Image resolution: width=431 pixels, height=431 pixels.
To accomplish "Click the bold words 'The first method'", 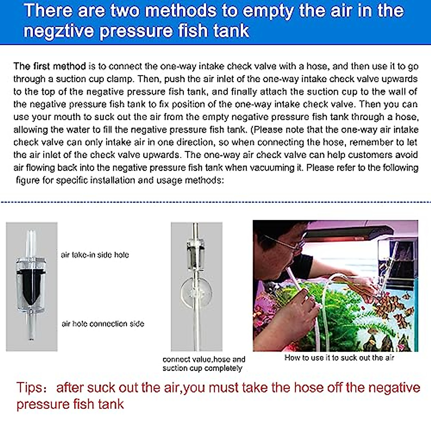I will click(x=50, y=66).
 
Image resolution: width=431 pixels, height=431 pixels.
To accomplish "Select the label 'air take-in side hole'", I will click(x=95, y=255).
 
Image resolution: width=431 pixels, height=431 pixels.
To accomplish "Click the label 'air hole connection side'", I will click(x=103, y=324).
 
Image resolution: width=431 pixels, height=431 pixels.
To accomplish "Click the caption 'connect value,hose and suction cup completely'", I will click(x=204, y=364).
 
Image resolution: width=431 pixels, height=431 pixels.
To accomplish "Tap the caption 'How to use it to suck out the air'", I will click(x=339, y=358).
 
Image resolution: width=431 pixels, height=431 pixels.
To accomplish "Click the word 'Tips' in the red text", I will click(x=29, y=388).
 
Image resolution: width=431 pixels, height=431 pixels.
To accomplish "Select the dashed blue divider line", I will click(x=215, y=202).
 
